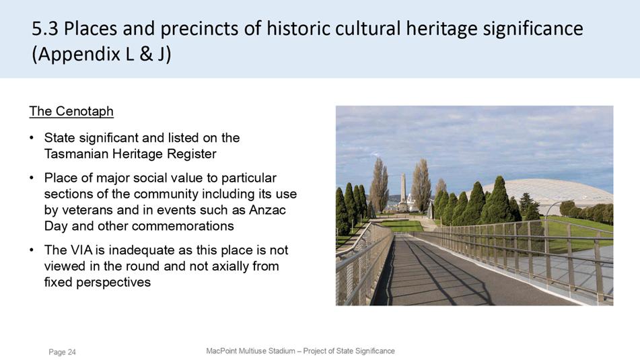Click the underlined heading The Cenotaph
(71, 111)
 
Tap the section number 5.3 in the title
(45, 28)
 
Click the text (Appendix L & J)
(102, 54)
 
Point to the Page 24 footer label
(62, 352)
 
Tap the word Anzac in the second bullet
(267, 210)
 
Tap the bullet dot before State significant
(32, 138)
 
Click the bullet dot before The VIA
(32, 250)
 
